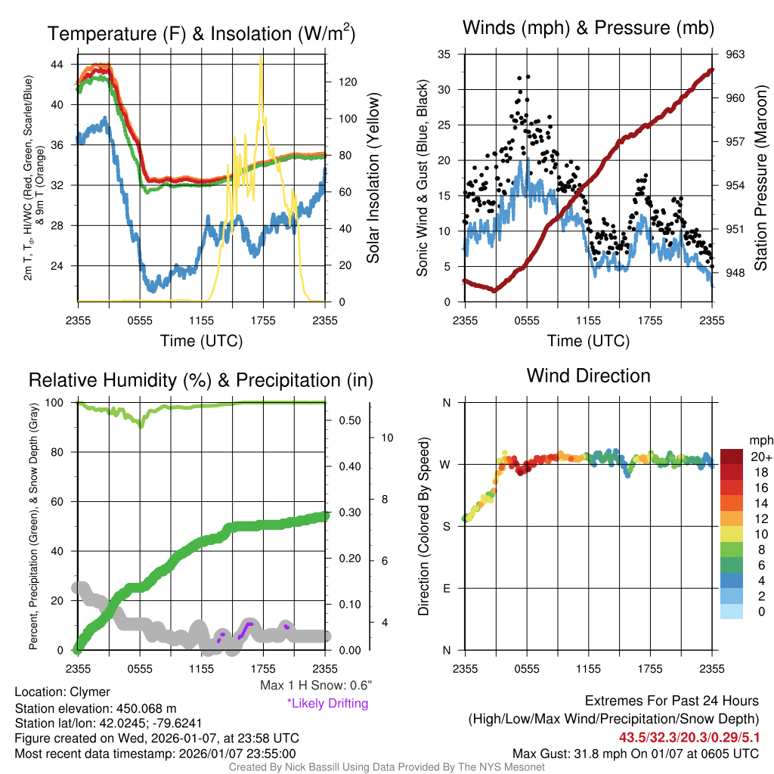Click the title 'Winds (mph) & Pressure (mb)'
[x=588, y=29]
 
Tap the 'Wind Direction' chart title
[x=588, y=376]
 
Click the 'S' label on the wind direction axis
[x=446, y=526]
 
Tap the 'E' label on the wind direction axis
[x=446, y=588]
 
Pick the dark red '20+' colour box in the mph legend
[x=732, y=457]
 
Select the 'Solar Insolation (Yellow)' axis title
[x=373, y=178]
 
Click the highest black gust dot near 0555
[x=528, y=76]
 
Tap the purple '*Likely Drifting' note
[x=327, y=704]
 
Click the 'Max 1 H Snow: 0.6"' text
[x=315, y=686]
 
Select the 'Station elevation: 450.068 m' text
[x=95, y=708]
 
